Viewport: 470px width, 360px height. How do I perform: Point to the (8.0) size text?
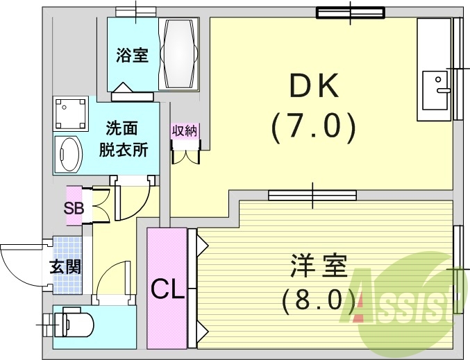point(319,300)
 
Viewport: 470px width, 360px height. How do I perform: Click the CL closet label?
point(167,287)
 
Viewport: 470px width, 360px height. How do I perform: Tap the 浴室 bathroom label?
point(132,55)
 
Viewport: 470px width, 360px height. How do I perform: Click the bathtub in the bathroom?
point(179,53)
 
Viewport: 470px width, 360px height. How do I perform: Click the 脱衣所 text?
point(126,150)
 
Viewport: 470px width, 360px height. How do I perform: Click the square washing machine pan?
point(71,113)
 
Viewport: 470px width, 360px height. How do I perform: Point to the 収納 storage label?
point(184,131)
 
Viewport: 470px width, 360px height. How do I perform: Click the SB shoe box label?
point(74,207)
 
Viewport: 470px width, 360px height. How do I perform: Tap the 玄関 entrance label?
point(65,266)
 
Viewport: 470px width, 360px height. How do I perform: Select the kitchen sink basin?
point(435,89)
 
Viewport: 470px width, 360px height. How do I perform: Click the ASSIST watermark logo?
point(410,298)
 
